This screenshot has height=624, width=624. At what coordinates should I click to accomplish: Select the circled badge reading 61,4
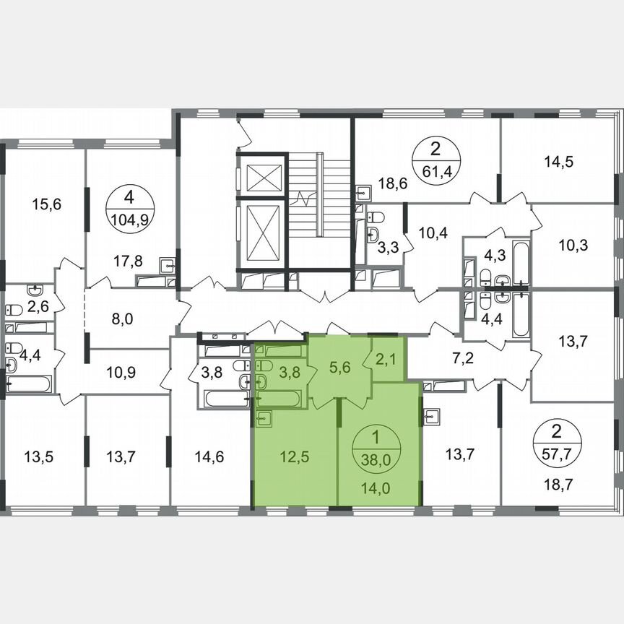435,161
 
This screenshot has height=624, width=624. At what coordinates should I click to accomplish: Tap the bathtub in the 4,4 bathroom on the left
30,383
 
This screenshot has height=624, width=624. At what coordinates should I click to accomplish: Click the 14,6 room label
210,456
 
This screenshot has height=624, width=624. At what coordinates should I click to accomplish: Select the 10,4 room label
432,232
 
